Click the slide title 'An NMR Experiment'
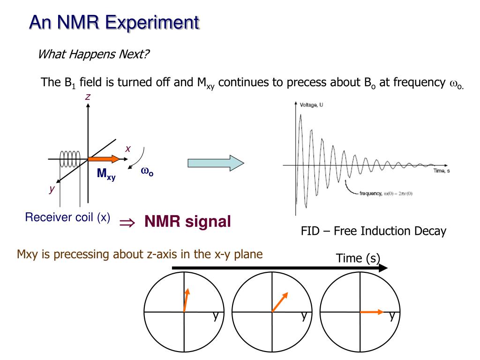pyautogui.click(x=114, y=22)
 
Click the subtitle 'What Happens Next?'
pyautogui.click(x=93, y=54)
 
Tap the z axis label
pyautogui.click(x=87, y=97)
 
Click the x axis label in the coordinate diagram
pyautogui.click(x=127, y=149)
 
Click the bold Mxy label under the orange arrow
pyautogui.click(x=106, y=174)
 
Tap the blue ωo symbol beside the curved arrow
pyautogui.click(x=147, y=172)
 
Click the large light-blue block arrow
pyautogui.click(x=216, y=163)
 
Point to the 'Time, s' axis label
pyautogui.click(x=442, y=171)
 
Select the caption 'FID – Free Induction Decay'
pyautogui.click(x=373, y=231)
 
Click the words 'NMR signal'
pyautogui.click(x=187, y=221)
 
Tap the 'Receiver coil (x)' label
pyautogui.click(x=68, y=217)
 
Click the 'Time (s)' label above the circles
pyautogui.click(x=358, y=258)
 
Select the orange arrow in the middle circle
pyautogui.click(x=280, y=302)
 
